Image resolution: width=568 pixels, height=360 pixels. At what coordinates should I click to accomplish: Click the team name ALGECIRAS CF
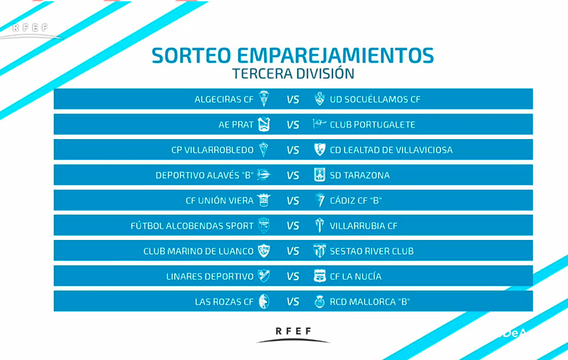[224, 99]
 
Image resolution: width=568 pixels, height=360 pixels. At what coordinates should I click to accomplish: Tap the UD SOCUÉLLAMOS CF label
[375, 99]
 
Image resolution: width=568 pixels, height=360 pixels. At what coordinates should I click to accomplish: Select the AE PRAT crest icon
[264, 124]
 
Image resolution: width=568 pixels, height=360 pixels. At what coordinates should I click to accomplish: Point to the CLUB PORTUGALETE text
[372, 124]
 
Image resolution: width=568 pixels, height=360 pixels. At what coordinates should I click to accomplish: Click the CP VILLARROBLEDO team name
[212, 150]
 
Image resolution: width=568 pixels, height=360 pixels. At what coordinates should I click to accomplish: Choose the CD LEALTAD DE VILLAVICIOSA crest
[319, 149]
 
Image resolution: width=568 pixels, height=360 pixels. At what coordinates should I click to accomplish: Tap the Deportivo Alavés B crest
[264, 175]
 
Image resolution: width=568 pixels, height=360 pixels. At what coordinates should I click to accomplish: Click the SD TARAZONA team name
[360, 176]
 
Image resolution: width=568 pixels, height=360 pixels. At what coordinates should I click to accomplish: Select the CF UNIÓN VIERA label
[220, 200]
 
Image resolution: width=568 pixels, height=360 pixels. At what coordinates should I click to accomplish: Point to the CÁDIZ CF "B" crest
[319, 200]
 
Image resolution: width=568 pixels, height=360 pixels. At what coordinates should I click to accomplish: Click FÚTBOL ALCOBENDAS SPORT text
[192, 226]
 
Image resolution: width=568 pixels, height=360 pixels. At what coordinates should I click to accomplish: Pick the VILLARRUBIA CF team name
[364, 226]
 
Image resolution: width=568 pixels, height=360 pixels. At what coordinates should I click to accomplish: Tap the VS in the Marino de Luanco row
[293, 251]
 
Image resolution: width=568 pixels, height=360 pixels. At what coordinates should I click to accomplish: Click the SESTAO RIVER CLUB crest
[319, 251]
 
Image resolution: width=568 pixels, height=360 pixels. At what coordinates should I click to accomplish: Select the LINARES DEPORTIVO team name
[210, 277]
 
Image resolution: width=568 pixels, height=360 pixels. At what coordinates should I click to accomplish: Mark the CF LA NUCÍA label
[355, 277]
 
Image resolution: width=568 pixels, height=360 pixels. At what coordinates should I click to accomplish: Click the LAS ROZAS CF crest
[264, 301]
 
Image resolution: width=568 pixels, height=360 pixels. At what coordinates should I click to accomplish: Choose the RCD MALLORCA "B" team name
[369, 302]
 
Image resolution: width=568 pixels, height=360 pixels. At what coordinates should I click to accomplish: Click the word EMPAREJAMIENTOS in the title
[336, 56]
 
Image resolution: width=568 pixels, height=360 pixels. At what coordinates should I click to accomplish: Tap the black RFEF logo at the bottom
[293, 335]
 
